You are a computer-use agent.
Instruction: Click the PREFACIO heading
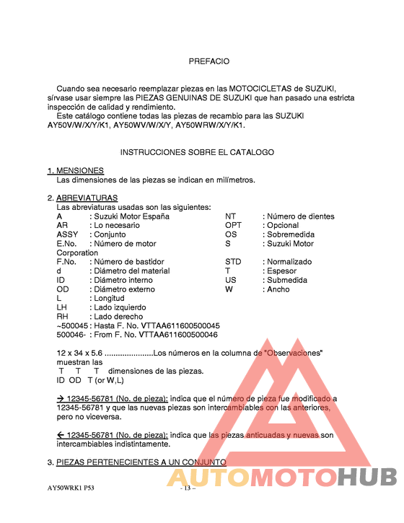pyautogui.click(x=209, y=61)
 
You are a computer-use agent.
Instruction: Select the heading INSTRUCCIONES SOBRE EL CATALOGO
pyautogui.click(x=197, y=152)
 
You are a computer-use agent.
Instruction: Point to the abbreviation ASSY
pyautogui.click(x=67, y=234)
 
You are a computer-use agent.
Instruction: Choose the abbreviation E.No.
pyautogui.click(x=66, y=244)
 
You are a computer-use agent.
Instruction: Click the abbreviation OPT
pyautogui.click(x=233, y=225)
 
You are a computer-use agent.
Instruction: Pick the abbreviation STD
pyautogui.click(x=233, y=262)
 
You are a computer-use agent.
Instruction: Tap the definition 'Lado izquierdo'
pyautogui.click(x=120, y=307)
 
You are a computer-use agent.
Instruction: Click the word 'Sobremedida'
pyautogui.click(x=291, y=234)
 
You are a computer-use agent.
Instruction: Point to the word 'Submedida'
pyautogui.click(x=288, y=280)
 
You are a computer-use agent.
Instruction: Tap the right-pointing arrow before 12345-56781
pyautogui.click(x=61, y=398)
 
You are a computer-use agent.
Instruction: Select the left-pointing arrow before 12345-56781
pyautogui.click(x=61, y=435)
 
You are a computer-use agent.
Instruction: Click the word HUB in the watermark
pyautogui.click(x=367, y=477)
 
